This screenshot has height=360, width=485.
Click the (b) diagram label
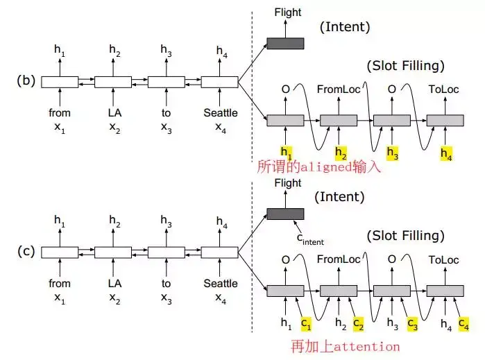click(26, 80)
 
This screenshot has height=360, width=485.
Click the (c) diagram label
click(26, 251)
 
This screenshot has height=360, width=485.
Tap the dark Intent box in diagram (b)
click(285, 43)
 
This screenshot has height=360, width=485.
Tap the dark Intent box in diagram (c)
click(285, 214)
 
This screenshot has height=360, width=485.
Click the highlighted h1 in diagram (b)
click(286, 151)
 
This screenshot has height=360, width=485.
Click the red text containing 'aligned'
click(319, 166)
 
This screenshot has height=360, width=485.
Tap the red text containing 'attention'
click(346, 345)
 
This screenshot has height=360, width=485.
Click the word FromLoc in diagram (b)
click(338, 89)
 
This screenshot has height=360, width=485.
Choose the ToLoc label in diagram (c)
click(444, 260)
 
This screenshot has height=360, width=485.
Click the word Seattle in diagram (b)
click(220, 112)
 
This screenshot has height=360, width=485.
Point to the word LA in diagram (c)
click(113, 283)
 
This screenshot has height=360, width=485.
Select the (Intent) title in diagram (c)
click(342, 197)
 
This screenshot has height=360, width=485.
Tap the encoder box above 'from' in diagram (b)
click(60, 83)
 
